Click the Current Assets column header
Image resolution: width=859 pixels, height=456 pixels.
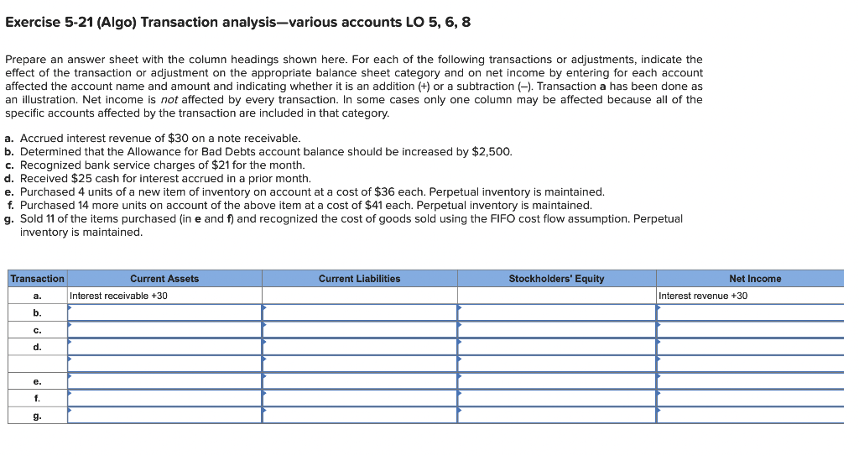[164, 278]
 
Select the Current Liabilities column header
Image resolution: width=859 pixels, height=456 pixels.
[359, 278]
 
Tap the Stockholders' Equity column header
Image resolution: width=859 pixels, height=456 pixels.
[556, 278]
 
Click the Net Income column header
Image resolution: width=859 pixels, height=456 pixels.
[755, 278]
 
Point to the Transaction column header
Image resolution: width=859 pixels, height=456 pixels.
[37, 278]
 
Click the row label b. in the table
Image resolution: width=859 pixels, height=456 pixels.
[37, 312]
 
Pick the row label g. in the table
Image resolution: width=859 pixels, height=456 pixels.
[37, 415]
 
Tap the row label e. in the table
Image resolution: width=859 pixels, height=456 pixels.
[37, 380]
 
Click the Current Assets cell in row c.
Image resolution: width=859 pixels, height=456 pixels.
[164, 329]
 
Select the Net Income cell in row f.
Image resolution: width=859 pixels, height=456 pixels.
[750, 397]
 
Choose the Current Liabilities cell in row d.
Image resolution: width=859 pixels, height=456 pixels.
[359, 347]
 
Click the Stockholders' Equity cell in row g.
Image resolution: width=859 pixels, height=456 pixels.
[556, 415]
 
